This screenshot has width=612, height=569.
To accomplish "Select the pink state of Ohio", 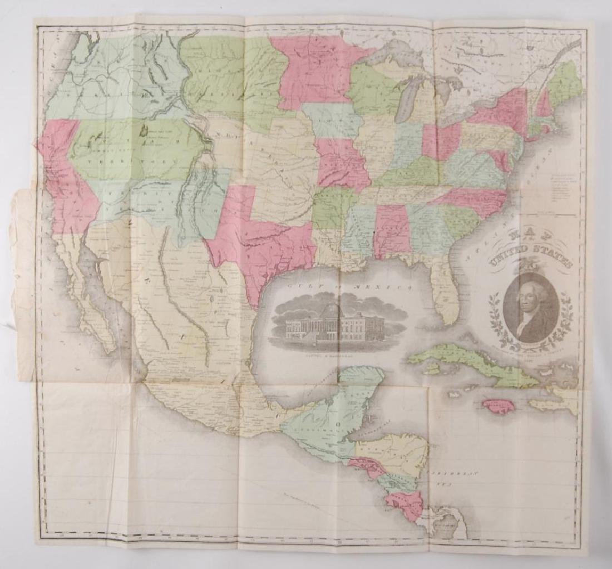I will (x=441, y=141).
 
